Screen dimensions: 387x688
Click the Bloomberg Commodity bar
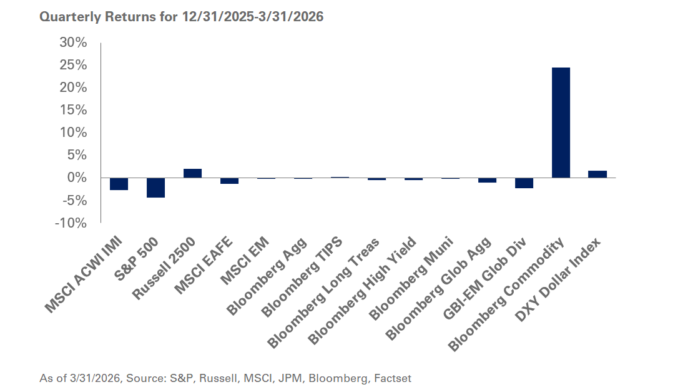[561, 123]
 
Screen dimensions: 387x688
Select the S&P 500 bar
[155, 188]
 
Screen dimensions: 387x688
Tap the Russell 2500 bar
[192, 173]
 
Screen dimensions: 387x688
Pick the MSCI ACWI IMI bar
[119, 184]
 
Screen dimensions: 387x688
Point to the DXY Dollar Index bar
[597, 174]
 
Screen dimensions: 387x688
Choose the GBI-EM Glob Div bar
[524, 183]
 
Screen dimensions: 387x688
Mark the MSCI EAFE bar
[229, 181]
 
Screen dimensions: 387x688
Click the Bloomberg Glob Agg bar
[487, 180]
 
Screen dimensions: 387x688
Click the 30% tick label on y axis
[72, 43]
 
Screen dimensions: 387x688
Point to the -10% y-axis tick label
[71, 223]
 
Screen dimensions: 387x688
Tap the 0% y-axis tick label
[76, 178]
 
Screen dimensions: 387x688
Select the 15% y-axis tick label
[72, 110]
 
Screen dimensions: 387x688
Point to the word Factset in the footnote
[393, 378]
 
